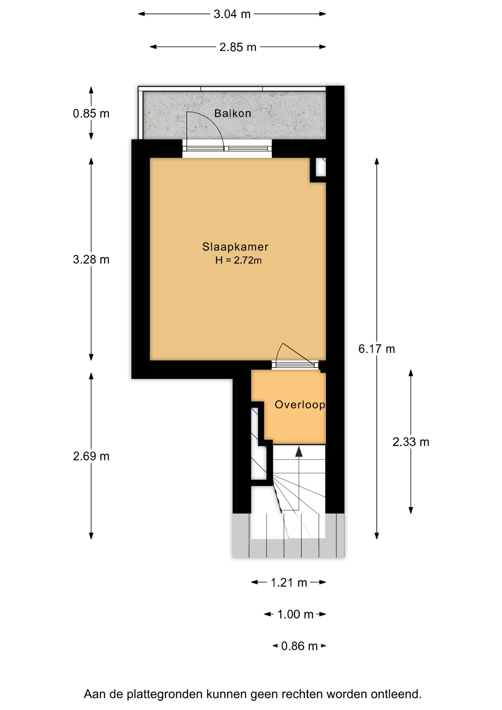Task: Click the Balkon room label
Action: click(233, 113)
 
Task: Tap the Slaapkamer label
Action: click(235, 247)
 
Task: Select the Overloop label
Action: click(300, 405)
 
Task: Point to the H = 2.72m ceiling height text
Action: click(238, 260)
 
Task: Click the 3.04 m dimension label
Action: click(232, 14)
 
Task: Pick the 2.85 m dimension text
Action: click(238, 47)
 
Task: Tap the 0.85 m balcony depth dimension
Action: click(91, 114)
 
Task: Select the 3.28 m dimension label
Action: click(91, 260)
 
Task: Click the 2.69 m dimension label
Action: click(91, 456)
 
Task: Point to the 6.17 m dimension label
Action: click(377, 349)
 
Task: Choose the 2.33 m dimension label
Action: click(411, 442)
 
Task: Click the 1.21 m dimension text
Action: click(289, 583)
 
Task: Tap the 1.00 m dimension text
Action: click(295, 615)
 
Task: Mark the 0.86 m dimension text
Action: click(299, 646)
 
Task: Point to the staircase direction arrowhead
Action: click(299, 452)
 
